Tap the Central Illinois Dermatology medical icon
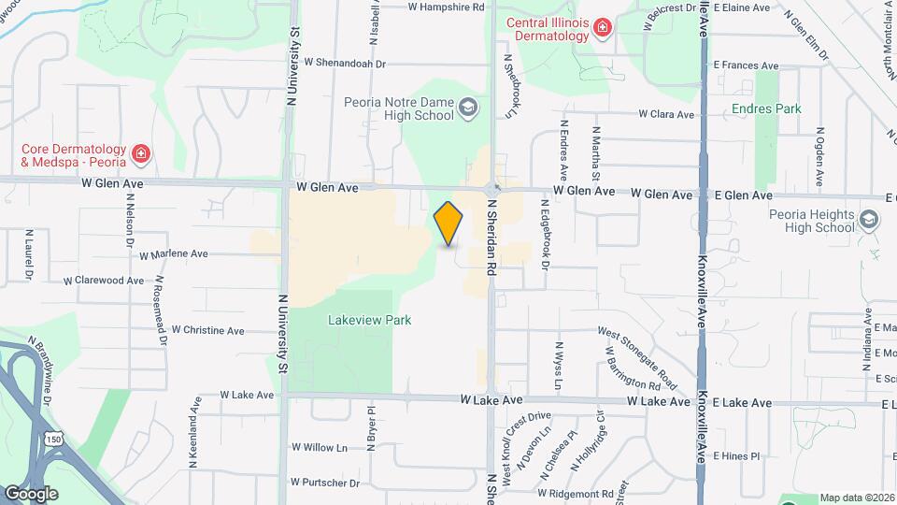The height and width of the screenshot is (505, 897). (x=604, y=29)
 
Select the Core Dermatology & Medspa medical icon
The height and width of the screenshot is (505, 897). (x=140, y=152)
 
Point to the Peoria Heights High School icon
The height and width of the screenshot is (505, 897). (x=869, y=220)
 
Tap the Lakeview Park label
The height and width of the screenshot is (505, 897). (x=370, y=320)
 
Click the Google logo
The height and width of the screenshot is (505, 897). (x=30, y=494)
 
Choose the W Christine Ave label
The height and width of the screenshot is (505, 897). (x=201, y=331)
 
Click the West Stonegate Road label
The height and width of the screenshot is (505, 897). (x=637, y=346)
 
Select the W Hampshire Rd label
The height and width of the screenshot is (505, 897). (x=447, y=7)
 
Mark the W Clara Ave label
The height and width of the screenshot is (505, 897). (x=666, y=114)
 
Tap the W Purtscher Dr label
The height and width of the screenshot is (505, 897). (x=324, y=483)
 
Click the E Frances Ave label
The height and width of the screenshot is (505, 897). (x=745, y=65)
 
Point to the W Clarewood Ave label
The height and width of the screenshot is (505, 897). (x=104, y=281)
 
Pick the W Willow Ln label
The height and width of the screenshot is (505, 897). (x=319, y=448)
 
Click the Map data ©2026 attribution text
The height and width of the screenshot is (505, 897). (x=857, y=498)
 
